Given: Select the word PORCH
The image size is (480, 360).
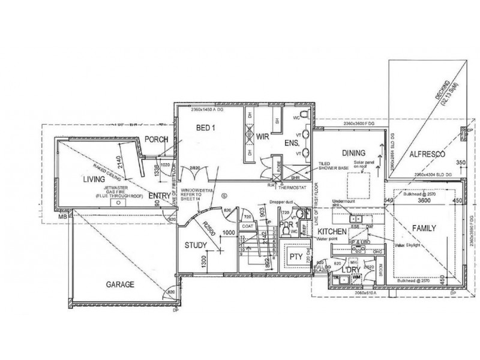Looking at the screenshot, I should click(156, 139).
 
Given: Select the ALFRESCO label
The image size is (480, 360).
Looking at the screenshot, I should click(426, 155).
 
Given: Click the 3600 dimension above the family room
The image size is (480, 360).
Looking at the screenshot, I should click(425, 201).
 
